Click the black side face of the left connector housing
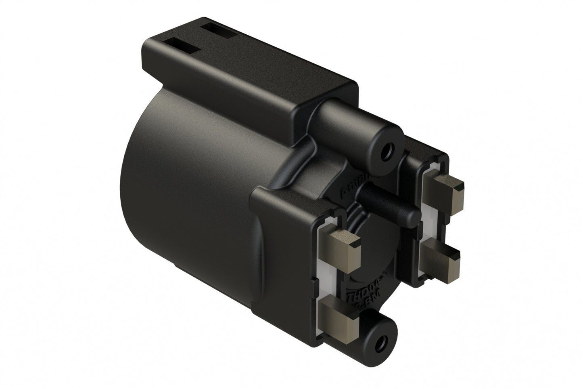282,250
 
